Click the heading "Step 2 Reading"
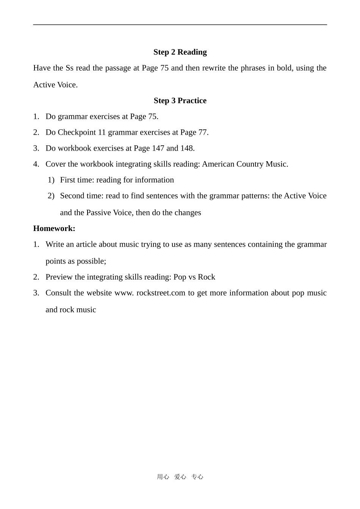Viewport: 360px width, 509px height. [x=180, y=52]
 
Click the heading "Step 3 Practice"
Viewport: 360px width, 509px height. [x=180, y=101]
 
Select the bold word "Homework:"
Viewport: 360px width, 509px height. [x=54, y=228]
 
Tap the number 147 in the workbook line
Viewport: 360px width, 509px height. [x=158, y=148]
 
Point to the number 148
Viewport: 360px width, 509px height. [x=187, y=148]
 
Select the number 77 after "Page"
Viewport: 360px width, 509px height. [x=203, y=132]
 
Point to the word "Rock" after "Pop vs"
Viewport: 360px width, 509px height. [x=207, y=277]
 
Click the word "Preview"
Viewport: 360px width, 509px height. [x=59, y=277]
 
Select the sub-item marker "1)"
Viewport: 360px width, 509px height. [x=51, y=180]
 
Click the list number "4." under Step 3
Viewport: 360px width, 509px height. [x=36, y=164]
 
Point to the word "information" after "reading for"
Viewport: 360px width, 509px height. [x=154, y=180]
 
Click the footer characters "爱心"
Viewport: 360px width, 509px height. [x=180, y=477]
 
